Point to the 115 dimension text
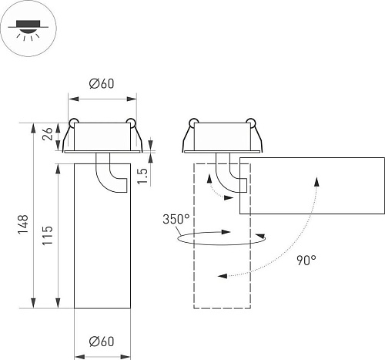coord(48,235)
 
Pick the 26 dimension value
coord(48,133)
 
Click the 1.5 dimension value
coord(143,175)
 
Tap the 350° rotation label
coord(175,219)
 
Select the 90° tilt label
coord(306,261)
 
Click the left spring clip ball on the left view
coord(74,123)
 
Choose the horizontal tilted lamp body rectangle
coord(312,185)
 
